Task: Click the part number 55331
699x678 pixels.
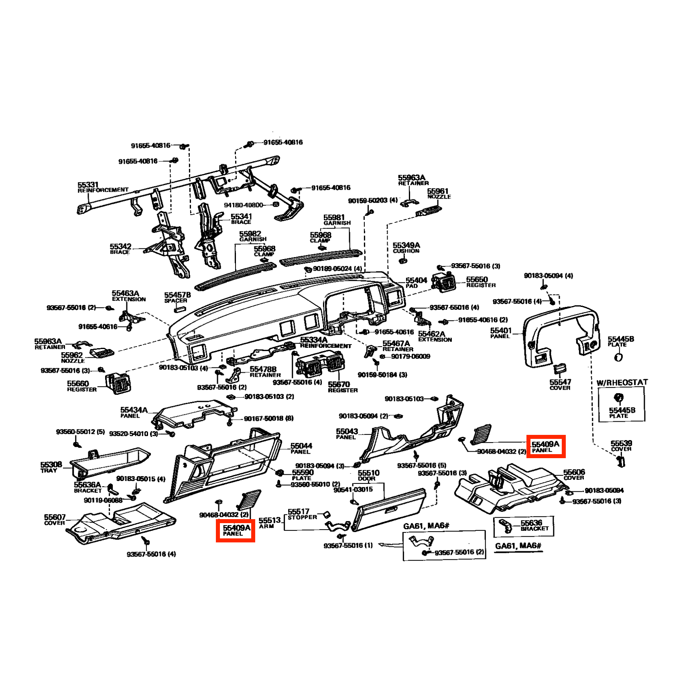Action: pyautogui.click(x=88, y=185)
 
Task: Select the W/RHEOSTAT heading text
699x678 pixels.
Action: pyautogui.click(x=622, y=382)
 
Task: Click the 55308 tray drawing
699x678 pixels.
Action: pyautogui.click(x=110, y=462)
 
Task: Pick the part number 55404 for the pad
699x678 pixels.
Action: pyautogui.click(x=416, y=280)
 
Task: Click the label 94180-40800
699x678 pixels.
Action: pyautogui.click(x=244, y=205)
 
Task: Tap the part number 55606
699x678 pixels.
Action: pyautogui.click(x=574, y=472)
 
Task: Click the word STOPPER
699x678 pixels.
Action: pyautogui.click(x=302, y=517)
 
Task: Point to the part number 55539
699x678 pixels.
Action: pyautogui.click(x=622, y=443)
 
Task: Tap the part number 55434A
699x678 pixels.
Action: pyautogui.click(x=134, y=410)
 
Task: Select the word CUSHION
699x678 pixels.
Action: pyautogui.click(x=406, y=251)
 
